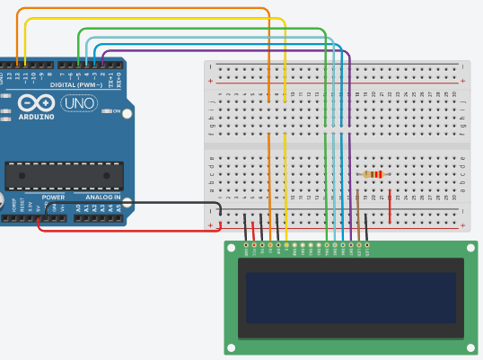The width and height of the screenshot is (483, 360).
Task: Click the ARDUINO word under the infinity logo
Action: point(35,117)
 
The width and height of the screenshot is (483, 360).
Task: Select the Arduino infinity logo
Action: point(35,102)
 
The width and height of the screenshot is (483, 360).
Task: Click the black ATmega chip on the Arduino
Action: point(64,176)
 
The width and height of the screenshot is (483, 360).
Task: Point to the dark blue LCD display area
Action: point(350,298)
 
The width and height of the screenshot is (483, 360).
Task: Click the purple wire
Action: point(224,52)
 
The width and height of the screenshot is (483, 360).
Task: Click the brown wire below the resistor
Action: point(358,215)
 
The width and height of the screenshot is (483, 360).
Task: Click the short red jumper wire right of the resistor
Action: point(390,207)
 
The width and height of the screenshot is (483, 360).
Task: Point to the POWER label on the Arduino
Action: point(53,198)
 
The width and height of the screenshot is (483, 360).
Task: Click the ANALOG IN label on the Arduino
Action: point(102,198)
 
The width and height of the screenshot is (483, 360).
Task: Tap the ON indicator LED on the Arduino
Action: point(106,111)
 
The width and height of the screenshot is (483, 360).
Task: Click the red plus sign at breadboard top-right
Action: point(463,82)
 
